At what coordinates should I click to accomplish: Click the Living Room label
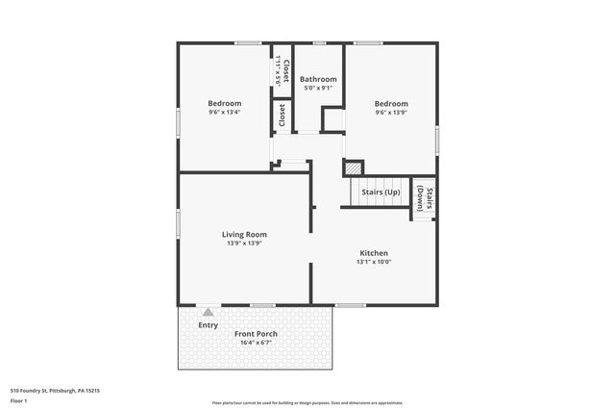(x=244, y=234)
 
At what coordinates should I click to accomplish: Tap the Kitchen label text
(x=374, y=252)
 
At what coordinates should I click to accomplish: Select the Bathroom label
(x=318, y=79)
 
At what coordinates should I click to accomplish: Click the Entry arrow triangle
(x=208, y=312)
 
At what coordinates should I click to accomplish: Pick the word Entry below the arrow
(x=208, y=324)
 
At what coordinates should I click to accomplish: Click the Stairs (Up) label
(x=381, y=193)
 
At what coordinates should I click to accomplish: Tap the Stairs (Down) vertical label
(x=424, y=198)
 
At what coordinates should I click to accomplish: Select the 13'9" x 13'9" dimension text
(x=244, y=244)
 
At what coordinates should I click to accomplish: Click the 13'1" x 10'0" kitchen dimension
(x=374, y=262)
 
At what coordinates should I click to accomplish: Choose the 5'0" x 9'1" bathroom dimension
(x=318, y=89)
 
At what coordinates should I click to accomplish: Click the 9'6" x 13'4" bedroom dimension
(x=225, y=112)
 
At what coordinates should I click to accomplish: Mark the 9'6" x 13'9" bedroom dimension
(x=391, y=113)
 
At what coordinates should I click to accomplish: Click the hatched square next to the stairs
(x=354, y=167)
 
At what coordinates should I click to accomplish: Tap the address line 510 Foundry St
(x=55, y=391)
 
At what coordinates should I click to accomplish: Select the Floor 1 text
(x=19, y=399)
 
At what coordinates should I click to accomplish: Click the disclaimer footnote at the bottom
(x=307, y=403)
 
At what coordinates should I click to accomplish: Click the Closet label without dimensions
(x=282, y=116)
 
